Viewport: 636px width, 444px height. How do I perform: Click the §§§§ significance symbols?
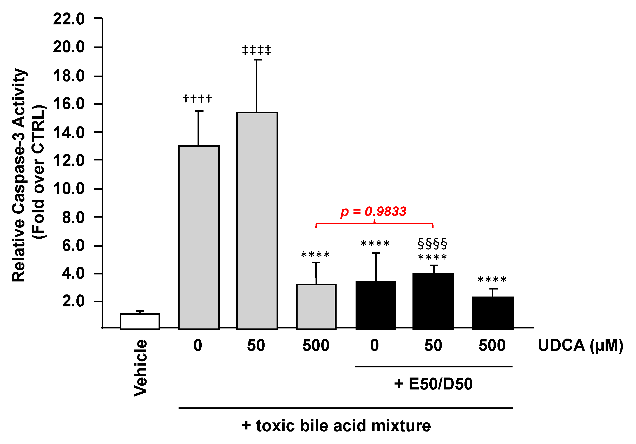point(432,243)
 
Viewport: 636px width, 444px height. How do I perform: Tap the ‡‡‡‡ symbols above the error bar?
point(257,50)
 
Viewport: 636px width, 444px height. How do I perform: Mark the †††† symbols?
point(198,99)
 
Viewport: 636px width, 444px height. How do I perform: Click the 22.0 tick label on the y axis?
point(69,19)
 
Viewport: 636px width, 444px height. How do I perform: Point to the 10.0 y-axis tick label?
point(69,189)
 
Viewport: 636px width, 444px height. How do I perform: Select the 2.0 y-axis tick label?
point(73,301)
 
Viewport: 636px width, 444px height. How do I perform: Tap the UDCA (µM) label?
point(580,345)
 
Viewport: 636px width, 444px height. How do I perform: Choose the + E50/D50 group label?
point(433,384)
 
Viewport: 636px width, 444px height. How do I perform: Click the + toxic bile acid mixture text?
point(336,426)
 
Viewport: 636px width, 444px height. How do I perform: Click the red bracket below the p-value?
point(374,223)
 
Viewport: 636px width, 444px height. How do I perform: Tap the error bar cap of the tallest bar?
point(257,60)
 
